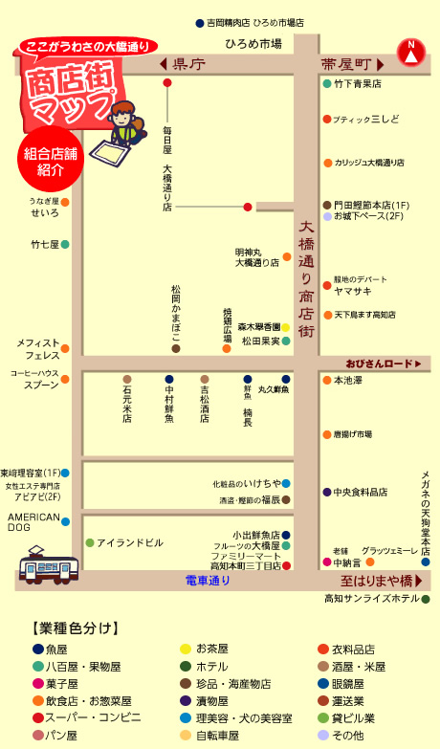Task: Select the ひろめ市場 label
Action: click(253, 43)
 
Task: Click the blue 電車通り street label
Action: click(208, 581)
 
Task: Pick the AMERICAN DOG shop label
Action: click(33, 521)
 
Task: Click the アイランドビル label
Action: click(129, 542)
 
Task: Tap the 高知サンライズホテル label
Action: click(371, 599)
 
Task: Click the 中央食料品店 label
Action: click(360, 492)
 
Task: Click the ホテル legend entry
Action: click(210, 666)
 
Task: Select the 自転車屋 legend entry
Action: click(217, 735)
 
